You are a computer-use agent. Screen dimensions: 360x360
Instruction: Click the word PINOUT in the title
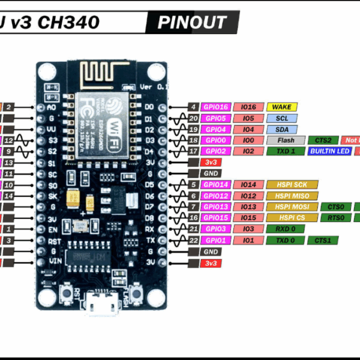coord(192,23)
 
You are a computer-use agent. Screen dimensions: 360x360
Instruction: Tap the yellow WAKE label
coord(282,107)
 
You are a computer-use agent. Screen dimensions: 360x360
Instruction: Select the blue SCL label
coord(282,118)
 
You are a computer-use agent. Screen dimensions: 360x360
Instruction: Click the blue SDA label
coord(282,129)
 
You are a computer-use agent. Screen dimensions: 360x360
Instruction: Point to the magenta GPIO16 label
coord(215,107)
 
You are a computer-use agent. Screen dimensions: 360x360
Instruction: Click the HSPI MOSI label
coord(291,206)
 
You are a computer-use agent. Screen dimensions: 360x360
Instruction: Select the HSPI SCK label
coord(291,185)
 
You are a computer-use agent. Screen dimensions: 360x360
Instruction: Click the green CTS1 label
coord(323,240)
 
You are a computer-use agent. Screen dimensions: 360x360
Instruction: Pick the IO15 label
coord(248,218)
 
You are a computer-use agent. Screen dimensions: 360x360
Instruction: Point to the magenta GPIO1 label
coord(215,240)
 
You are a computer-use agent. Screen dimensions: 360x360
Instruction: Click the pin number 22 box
coord(193,240)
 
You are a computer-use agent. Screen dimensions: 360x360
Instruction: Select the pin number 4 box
coord(193,107)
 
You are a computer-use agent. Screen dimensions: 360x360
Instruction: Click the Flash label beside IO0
coord(286,140)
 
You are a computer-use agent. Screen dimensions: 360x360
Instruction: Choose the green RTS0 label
coord(337,218)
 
